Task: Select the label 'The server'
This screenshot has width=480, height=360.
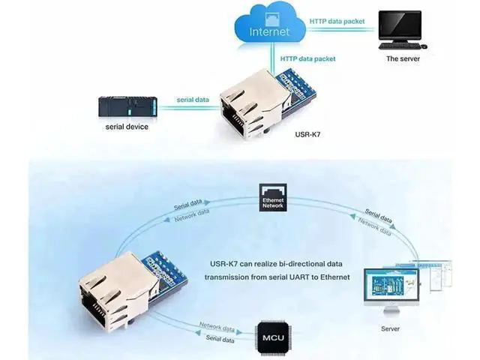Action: (x=403, y=58)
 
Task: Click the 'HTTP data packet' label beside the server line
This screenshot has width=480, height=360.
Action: (x=337, y=22)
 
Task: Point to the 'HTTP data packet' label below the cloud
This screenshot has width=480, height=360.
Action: (x=308, y=58)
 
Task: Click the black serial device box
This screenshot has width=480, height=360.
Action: (x=127, y=106)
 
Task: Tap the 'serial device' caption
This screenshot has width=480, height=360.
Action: (x=127, y=127)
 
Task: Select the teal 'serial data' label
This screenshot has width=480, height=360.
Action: (x=193, y=100)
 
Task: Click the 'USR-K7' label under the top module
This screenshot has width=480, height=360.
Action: (x=307, y=134)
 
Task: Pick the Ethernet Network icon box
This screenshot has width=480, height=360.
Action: (x=273, y=197)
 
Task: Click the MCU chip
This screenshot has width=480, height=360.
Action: (x=273, y=337)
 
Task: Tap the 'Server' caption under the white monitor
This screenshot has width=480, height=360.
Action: (x=390, y=328)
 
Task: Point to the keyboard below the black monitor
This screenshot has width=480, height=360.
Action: (x=400, y=46)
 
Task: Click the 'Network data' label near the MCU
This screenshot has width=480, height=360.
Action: (x=217, y=327)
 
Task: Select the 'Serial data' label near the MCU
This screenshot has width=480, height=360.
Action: (x=220, y=338)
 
